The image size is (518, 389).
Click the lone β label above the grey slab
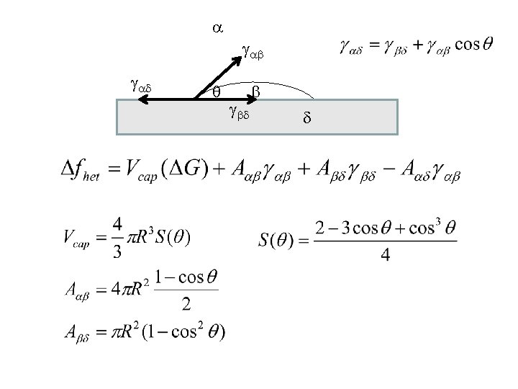(255, 91)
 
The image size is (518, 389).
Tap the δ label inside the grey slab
(306, 117)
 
